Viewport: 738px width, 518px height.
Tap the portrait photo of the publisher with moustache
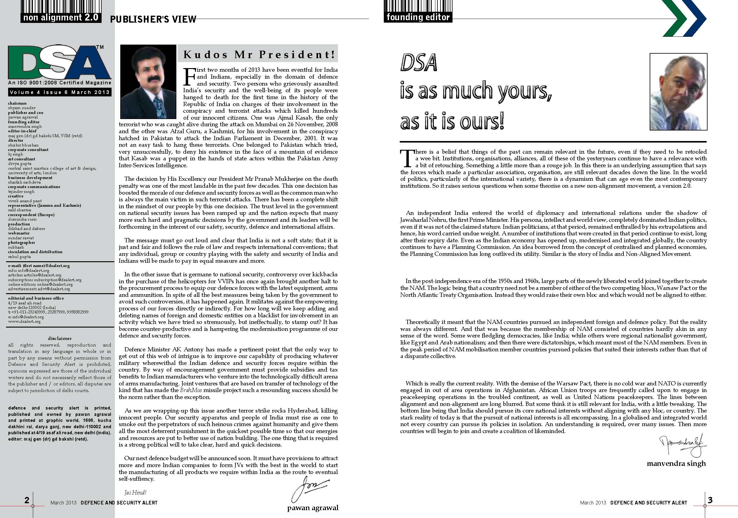point(148,82)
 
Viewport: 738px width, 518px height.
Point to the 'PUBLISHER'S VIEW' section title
point(153,19)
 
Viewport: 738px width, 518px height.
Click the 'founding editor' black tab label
point(418,17)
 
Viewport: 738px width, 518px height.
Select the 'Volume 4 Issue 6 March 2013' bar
point(60,93)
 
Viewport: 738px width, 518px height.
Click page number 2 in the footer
point(27,500)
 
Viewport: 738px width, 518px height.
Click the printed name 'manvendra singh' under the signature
point(676,463)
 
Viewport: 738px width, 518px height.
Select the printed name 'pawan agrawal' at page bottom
point(312,508)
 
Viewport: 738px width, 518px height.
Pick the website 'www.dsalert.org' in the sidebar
point(24,321)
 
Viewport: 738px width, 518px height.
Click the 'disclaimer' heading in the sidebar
point(60,338)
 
